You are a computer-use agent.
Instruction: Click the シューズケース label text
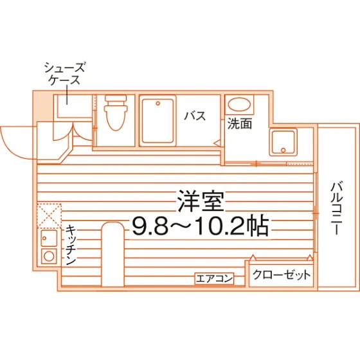pyautogui.click(x=64, y=73)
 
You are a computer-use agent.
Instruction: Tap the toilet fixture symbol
pyautogui.click(x=116, y=113)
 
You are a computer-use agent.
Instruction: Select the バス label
pyautogui.click(x=195, y=116)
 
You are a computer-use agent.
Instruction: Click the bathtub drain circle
pyautogui.click(x=157, y=104)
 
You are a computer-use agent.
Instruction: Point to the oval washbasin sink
pyautogui.click(x=239, y=104)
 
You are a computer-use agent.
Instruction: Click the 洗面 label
pyautogui.click(x=240, y=123)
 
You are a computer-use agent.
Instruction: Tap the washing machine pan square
pyautogui.click(x=283, y=142)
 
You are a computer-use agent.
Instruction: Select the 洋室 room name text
pyautogui.click(x=201, y=201)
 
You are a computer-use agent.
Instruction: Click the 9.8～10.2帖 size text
pyautogui.click(x=201, y=225)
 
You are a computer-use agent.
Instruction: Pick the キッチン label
pyautogui.click(x=71, y=245)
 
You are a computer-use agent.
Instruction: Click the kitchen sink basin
pyautogui.click(x=49, y=239)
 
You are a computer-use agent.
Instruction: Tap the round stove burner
pyautogui.click(x=49, y=256)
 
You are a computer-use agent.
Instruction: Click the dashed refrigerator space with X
pyautogui.click(x=49, y=216)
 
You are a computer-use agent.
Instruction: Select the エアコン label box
pyautogui.click(x=214, y=279)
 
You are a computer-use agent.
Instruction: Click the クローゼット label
pyautogui.click(x=282, y=274)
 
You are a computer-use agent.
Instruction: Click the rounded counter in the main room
pyautogui.click(x=113, y=254)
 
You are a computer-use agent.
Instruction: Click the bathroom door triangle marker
pyautogui.click(x=217, y=143)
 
